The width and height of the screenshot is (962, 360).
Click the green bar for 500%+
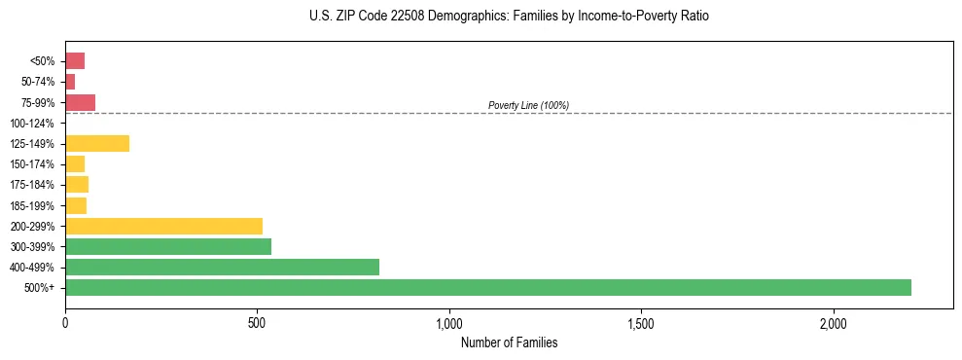[x=488, y=287]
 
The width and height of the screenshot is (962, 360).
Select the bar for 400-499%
[x=222, y=267]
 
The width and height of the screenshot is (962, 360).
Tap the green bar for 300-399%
[x=168, y=246]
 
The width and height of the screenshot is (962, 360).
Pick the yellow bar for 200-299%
[x=163, y=226]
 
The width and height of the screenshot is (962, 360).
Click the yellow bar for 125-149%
[x=97, y=144]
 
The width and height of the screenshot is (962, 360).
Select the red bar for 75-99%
[x=80, y=102]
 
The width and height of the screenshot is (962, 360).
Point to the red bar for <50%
[x=75, y=61]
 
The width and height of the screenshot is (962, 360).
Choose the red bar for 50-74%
[x=70, y=82]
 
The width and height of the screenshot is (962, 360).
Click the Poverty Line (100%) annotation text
[x=528, y=105]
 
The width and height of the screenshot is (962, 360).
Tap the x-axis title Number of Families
[x=509, y=342]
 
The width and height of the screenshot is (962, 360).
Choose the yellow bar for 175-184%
[x=77, y=185]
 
